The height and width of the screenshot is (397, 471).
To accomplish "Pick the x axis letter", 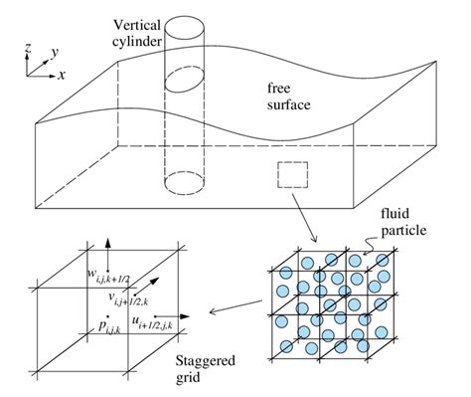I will coord(63,75).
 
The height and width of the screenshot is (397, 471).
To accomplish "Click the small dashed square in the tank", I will coord(291,177).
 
